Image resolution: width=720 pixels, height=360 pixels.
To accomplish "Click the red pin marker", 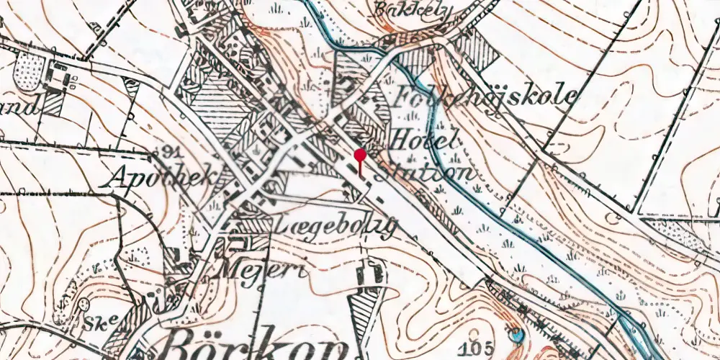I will pos(361,155).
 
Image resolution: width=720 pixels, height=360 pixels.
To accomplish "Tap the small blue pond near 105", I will pos(516,335).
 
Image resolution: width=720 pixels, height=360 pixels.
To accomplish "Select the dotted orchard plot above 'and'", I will pos(30,71).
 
